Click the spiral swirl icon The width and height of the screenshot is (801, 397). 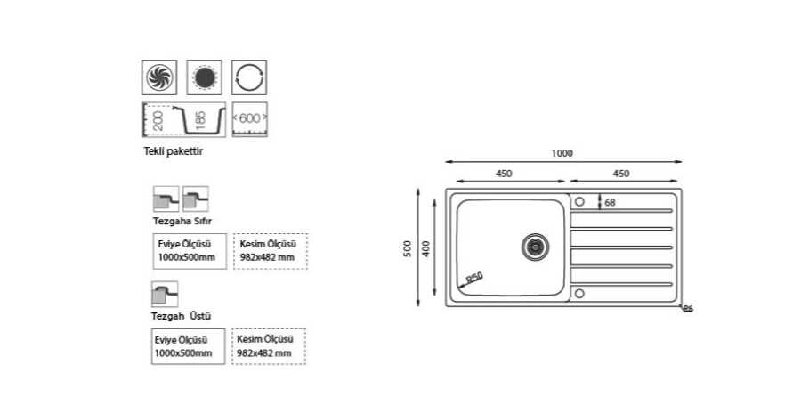[x=159, y=77]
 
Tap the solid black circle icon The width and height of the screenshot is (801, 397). [x=205, y=77]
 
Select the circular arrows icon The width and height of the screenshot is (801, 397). [x=249, y=77]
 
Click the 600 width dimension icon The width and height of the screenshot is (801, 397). [x=249, y=119]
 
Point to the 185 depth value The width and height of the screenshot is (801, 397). [x=200, y=117]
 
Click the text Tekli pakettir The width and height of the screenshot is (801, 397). [x=174, y=151]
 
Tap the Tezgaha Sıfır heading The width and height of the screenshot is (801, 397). [x=182, y=220]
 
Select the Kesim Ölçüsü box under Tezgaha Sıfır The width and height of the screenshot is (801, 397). [x=269, y=250]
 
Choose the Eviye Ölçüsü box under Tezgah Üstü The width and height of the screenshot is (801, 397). [x=188, y=346]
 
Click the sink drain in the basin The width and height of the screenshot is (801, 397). [x=536, y=246]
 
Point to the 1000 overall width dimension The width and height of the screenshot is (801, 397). [x=562, y=152]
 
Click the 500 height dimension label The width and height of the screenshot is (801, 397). [x=408, y=249]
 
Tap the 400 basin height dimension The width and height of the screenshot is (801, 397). [x=427, y=249]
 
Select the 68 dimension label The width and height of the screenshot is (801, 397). [x=610, y=202]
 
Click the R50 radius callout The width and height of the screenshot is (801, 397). [x=473, y=279]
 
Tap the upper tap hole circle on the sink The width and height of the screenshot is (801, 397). [x=578, y=200]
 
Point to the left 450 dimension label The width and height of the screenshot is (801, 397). [x=505, y=174]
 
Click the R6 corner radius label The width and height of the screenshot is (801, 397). [x=688, y=309]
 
